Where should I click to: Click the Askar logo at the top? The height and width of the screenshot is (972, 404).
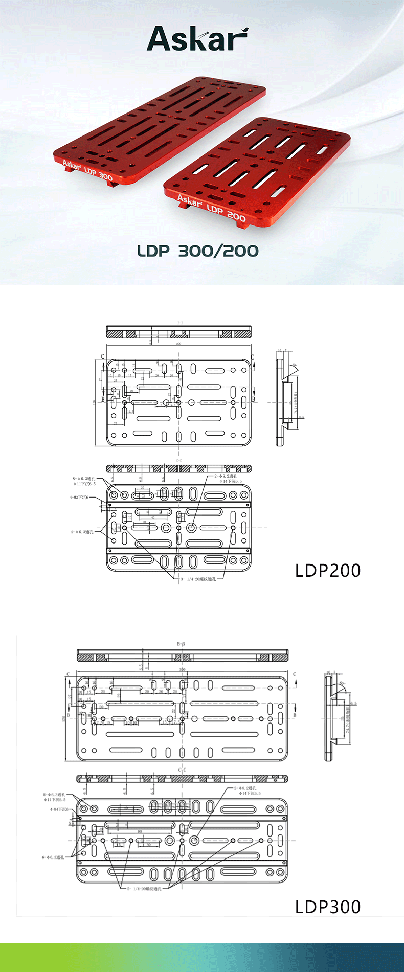[x=197, y=39]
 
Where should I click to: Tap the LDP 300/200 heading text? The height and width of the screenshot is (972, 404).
[x=198, y=251]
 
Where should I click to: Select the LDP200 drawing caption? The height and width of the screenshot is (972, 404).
[x=328, y=571]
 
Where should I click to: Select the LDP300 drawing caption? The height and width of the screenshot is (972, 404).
[x=328, y=907]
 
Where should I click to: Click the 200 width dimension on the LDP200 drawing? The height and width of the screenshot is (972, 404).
[x=178, y=344]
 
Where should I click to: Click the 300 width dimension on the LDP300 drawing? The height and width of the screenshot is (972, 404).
[x=182, y=669]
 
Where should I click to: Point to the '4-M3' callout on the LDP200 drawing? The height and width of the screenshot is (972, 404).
[x=79, y=497]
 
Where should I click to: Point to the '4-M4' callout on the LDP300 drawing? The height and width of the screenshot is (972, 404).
[x=59, y=809]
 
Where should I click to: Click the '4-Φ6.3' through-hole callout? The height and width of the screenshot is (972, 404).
[x=82, y=532]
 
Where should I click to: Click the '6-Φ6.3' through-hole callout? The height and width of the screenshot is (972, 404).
[x=53, y=857]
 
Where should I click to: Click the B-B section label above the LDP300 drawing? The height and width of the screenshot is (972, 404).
[x=181, y=644]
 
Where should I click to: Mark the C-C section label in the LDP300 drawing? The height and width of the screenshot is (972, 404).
[x=182, y=770]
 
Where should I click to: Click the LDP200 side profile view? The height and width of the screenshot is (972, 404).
[x=280, y=402]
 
